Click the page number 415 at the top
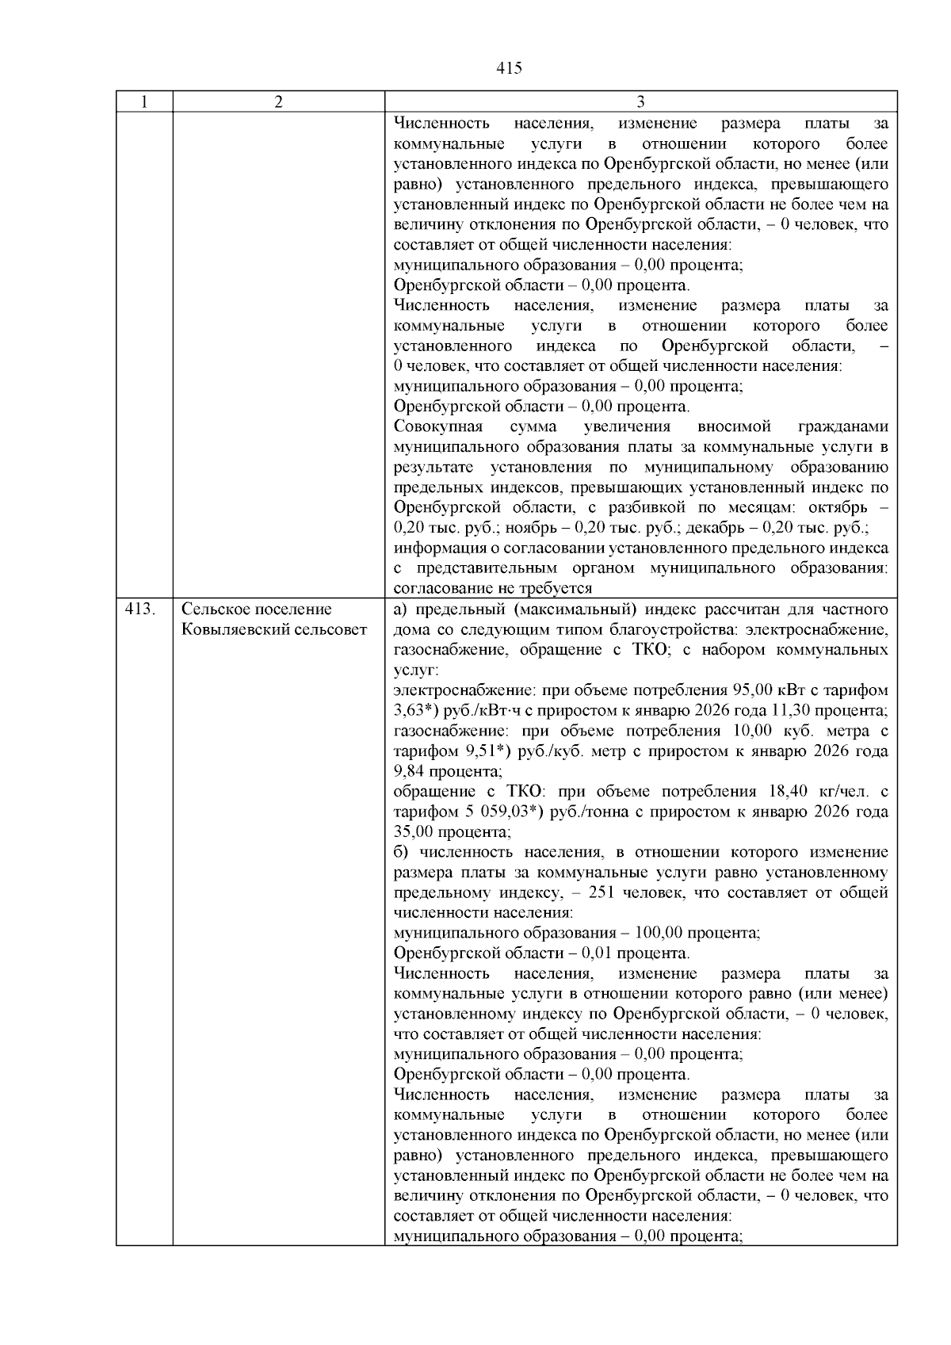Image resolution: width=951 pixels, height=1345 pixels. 509,68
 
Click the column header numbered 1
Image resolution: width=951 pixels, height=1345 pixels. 144,101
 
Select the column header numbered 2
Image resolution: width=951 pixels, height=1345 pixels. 278,101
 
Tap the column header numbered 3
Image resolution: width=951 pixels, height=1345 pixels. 640,101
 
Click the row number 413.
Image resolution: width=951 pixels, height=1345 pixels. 140,609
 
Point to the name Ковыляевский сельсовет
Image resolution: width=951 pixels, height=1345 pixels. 274,630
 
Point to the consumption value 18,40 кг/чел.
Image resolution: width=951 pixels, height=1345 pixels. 819,792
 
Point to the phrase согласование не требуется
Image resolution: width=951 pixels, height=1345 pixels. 493,589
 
